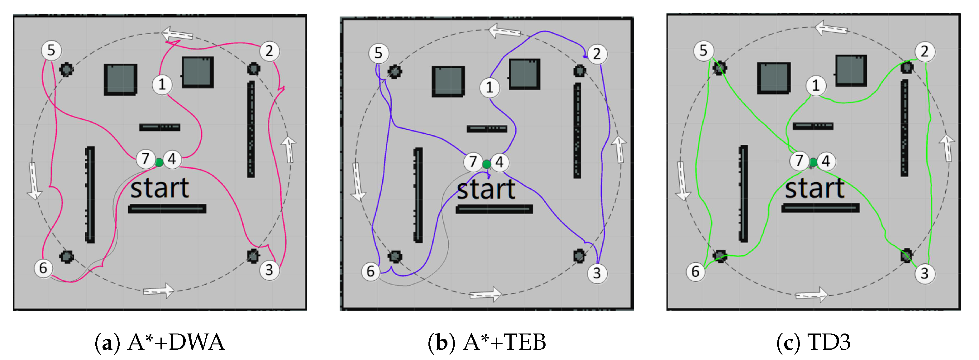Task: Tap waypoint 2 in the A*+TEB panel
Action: click(x=597, y=54)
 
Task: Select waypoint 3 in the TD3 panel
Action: click(x=924, y=273)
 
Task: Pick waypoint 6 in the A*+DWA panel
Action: click(x=43, y=268)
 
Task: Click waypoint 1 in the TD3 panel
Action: click(x=816, y=85)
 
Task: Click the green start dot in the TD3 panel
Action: click(x=813, y=163)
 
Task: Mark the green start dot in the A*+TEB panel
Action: click(x=486, y=164)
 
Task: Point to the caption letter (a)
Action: click(x=104, y=342)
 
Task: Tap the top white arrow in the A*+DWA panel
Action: click(x=177, y=34)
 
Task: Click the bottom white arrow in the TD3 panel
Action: click(x=811, y=295)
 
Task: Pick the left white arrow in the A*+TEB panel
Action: click(x=357, y=182)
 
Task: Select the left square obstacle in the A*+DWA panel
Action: click(x=121, y=79)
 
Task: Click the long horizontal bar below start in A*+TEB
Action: click(x=494, y=209)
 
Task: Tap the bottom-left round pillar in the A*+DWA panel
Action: click(x=67, y=257)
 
